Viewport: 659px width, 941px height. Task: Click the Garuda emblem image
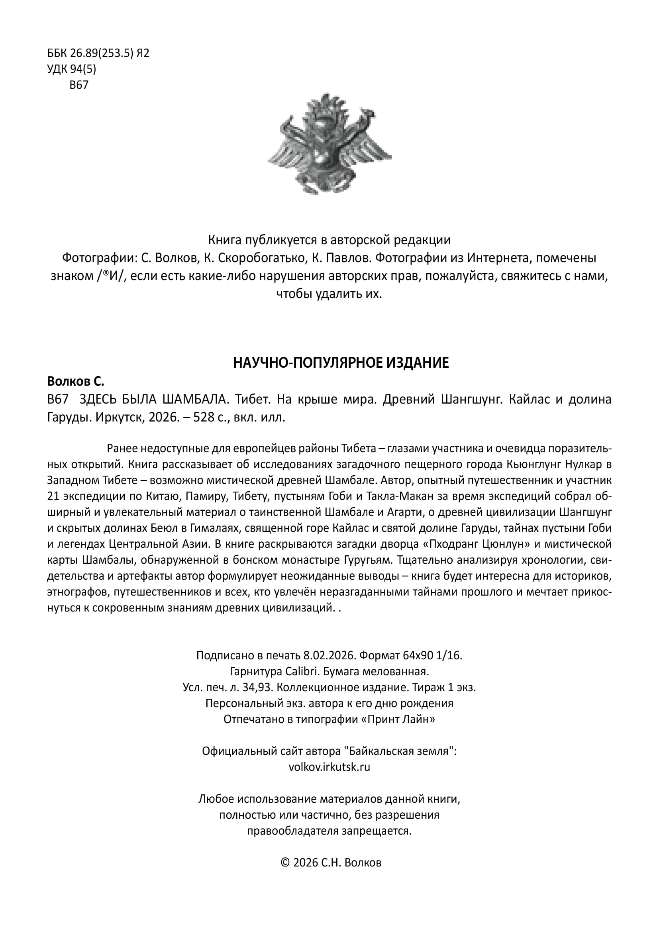pos(329,143)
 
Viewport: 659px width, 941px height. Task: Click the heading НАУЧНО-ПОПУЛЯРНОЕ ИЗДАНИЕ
pos(341,363)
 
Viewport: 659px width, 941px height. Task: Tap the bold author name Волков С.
pos(76,381)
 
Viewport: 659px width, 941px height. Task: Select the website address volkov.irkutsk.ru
pos(329,767)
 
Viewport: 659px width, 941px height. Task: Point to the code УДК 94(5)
pos(72,69)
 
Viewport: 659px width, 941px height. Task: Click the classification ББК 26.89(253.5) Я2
pos(98,53)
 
